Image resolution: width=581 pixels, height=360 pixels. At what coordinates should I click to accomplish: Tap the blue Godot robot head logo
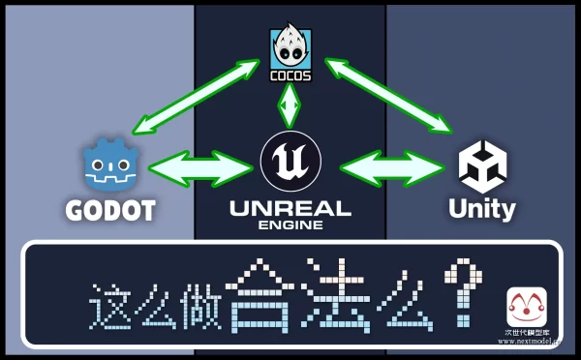(x=109, y=166)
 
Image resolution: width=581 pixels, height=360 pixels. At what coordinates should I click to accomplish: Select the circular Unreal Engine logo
(x=290, y=162)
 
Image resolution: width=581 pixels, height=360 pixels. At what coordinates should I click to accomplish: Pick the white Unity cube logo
(x=482, y=166)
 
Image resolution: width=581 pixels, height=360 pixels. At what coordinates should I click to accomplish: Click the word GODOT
(x=110, y=209)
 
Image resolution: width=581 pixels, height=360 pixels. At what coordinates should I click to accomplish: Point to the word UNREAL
(x=290, y=207)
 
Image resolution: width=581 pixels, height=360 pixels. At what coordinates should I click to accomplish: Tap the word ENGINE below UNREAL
(x=290, y=225)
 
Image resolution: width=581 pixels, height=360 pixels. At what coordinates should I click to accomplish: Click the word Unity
(x=482, y=208)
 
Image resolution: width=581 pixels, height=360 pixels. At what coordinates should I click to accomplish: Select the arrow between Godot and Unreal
(x=199, y=166)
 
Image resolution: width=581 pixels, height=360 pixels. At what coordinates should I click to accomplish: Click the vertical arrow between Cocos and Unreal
(x=289, y=105)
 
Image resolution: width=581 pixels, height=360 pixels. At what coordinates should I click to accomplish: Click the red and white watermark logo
(x=527, y=307)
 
